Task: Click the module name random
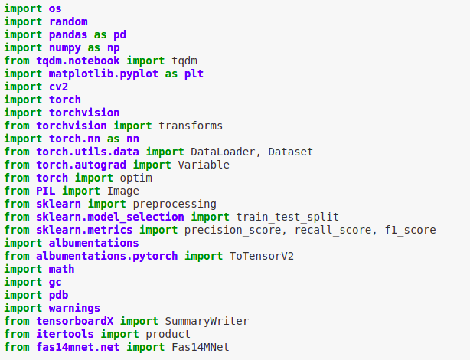coord(68,22)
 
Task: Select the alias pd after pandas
coord(119,35)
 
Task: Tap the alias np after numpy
coord(113,48)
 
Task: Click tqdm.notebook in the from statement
coord(78,61)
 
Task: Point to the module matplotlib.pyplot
coord(103,74)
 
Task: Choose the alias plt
coord(194,74)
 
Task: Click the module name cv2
coord(58,87)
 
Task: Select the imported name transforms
coord(191,126)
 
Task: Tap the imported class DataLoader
coord(223,152)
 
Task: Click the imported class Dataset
coord(290,152)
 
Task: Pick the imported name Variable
coord(204,165)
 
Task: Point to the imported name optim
coord(136,178)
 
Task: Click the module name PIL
coord(46,191)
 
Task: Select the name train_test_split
coord(288,218)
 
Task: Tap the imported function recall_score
coord(332,230)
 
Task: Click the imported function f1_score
coord(410,230)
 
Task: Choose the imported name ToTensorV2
coord(262,256)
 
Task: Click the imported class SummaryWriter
coord(207,321)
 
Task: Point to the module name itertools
coord(65,334)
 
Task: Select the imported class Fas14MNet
coord(201,348)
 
